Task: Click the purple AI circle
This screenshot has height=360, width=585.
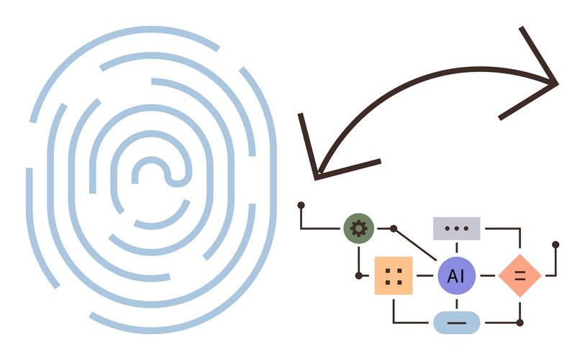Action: [456, 276]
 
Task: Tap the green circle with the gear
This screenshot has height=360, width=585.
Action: [358, 228]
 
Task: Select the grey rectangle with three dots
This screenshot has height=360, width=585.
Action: [456, 228]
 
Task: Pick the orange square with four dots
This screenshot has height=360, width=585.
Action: [394, 276]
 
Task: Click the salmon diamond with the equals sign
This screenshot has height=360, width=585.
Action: [520, 276]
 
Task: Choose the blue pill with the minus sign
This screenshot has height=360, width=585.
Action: [456, 322]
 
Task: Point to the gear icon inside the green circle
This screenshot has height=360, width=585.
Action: [358, 228]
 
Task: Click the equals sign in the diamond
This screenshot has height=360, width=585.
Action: [520, 276]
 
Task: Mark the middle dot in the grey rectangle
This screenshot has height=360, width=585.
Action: [456, 228]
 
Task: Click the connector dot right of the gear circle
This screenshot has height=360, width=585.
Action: [394, 228]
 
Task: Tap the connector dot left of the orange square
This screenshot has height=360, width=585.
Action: [359, 276]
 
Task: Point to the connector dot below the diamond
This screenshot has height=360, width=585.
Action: [520, 322]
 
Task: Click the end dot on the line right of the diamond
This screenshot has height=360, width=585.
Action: [555, 245]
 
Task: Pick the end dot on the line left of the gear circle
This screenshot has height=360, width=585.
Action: [301, 205]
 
